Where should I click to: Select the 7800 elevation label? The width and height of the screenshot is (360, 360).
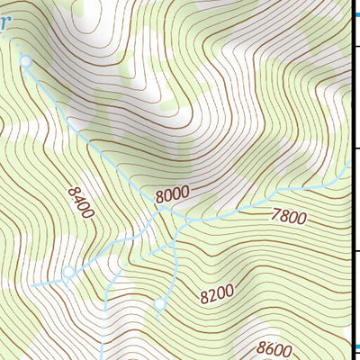tap(288, 216)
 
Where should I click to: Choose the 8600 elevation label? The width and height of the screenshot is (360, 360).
tap(274, 347)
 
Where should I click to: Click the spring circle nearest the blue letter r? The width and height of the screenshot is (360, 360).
tap(26, 61)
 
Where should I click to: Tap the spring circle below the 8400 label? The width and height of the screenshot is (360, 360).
tap(67, 271)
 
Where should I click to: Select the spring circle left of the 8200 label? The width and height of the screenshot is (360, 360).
tap(160, 304)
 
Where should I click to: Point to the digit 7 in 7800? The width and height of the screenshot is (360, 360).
tap(274, 214)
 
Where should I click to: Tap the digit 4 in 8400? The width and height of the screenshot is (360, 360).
tap(79, 201)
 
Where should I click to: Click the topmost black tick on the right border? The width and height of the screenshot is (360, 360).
tap(355, 45)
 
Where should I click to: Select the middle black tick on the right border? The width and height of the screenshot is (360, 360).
tap(355, 148)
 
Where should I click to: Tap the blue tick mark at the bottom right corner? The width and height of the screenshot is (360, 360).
tap(355, 348)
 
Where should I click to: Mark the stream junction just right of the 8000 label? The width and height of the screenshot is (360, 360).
tap(190, 219)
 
